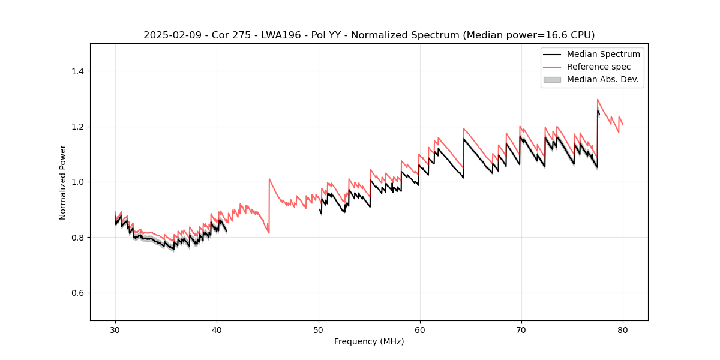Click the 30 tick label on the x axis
115,329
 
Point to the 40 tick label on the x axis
217,329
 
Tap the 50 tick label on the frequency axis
318,329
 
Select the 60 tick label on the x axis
419,329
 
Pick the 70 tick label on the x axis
521,329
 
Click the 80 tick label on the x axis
622,329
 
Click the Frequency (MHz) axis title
369,341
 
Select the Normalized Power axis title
63,182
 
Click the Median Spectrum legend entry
603,54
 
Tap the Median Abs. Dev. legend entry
602,79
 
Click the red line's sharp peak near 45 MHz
269,179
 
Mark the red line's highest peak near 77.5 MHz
598,100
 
